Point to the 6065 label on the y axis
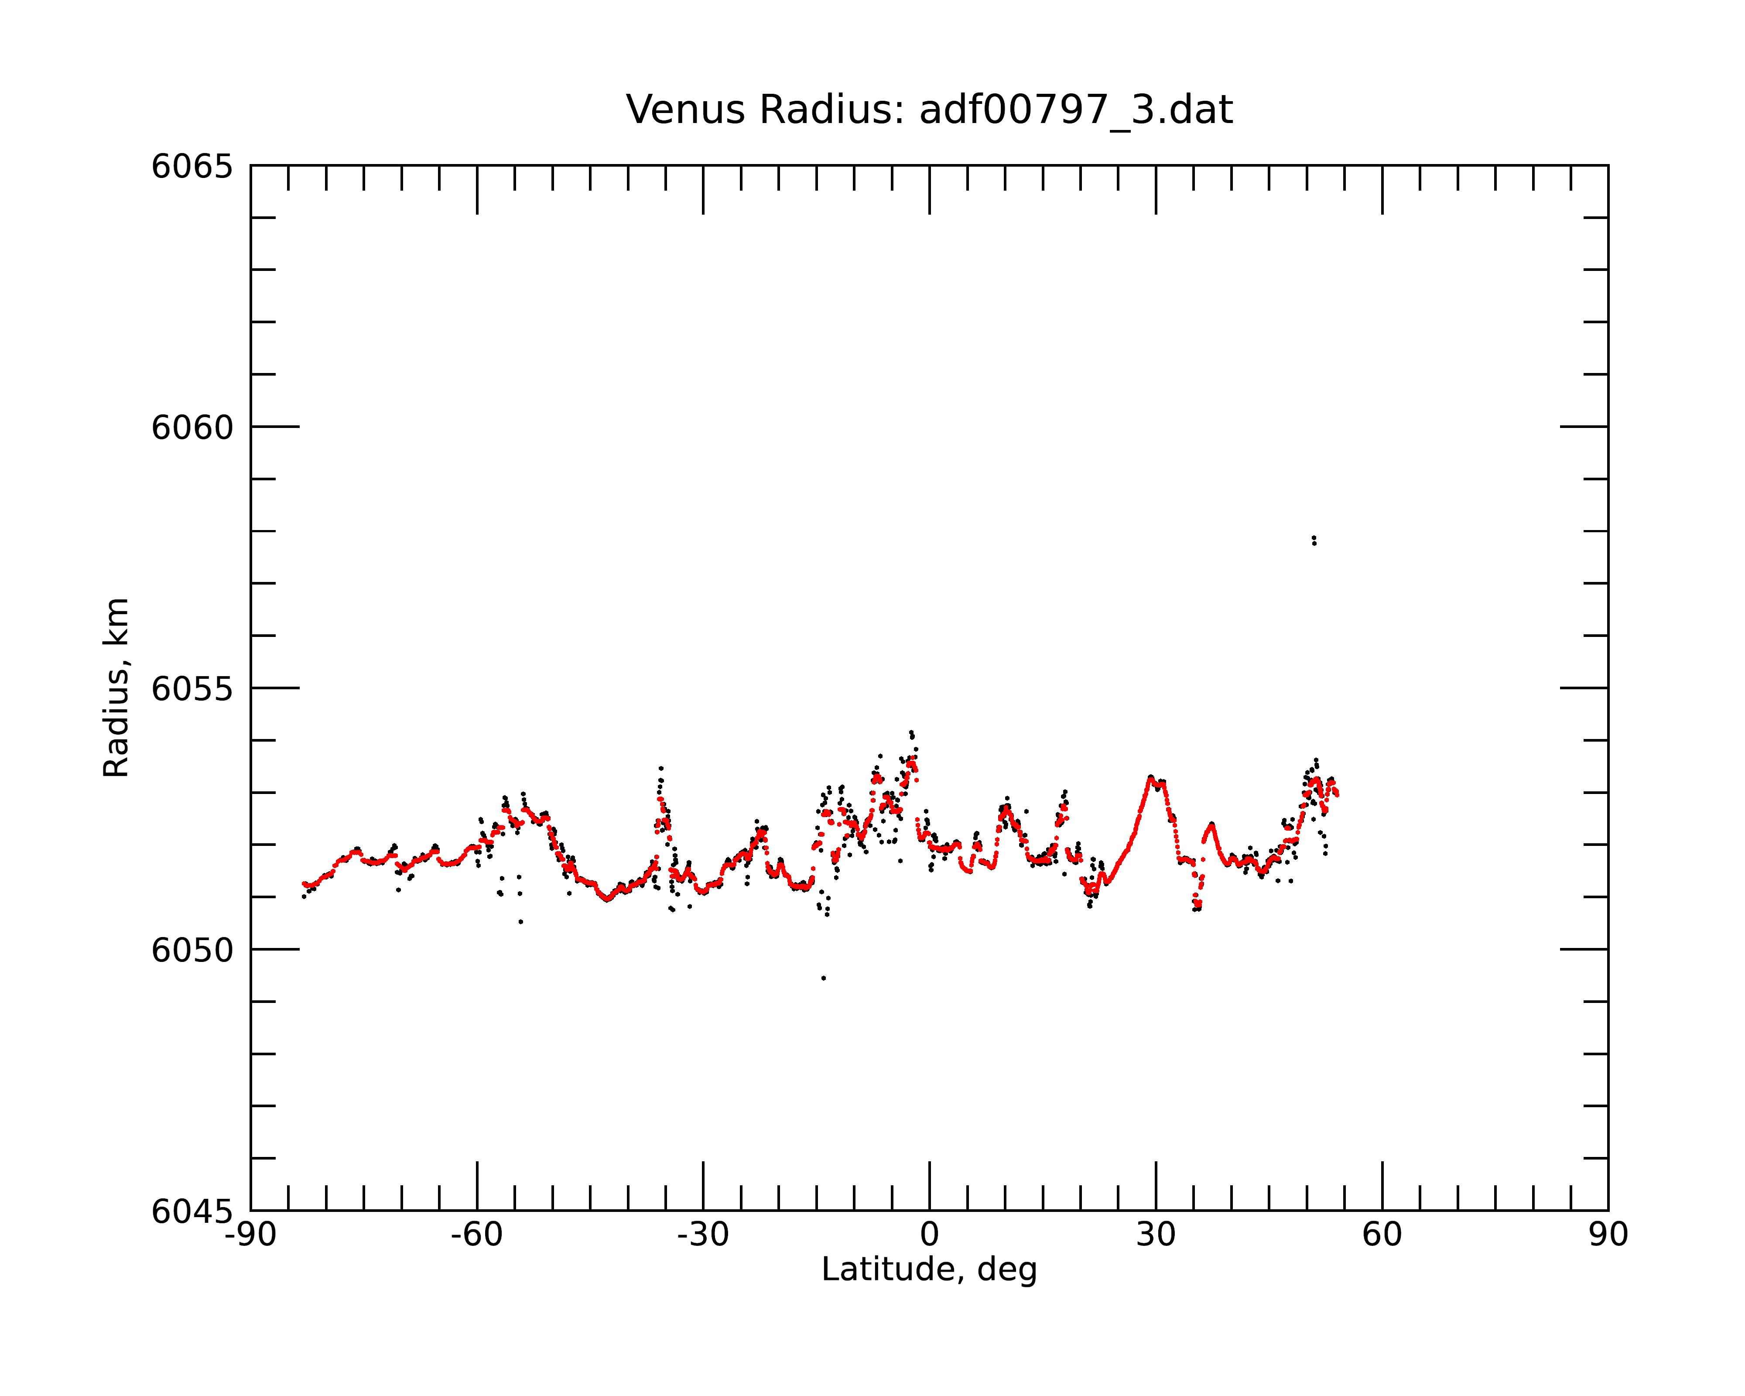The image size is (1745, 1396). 192,167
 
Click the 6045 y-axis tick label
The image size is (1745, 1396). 192,1211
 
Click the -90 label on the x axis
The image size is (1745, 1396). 251,1235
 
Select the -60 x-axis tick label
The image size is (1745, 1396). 477,1235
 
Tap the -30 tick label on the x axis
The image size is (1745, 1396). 703,1235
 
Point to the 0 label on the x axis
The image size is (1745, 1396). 929,1235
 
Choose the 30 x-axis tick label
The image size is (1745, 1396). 1156,1235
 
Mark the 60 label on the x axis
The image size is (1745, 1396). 1382,1235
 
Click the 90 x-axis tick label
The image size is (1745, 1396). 1608,1235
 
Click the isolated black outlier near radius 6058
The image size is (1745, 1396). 1314,540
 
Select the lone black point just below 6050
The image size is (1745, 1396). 823,978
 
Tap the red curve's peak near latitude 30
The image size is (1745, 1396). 1150,778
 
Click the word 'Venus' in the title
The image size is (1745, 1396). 685,110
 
